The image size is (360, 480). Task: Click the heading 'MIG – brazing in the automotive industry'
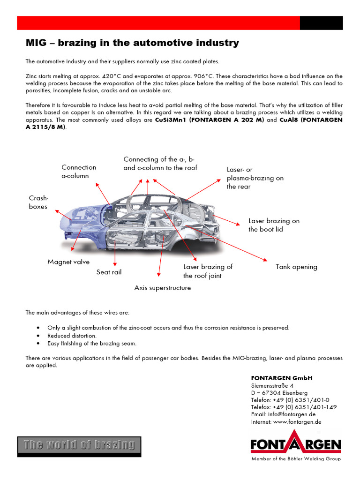point(132,43)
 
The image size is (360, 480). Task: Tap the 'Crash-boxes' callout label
point(38,202)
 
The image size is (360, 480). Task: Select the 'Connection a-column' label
point(79,172)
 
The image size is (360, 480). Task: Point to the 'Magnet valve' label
point(68,262)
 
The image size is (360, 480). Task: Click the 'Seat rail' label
point(109,272)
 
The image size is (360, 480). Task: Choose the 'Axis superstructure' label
point(163,288)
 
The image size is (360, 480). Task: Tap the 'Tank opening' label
point(296,267)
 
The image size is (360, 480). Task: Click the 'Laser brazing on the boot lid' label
point(274,225)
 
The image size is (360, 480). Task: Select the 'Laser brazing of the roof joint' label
point(208,271)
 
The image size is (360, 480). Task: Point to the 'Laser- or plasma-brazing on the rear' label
point(255,178)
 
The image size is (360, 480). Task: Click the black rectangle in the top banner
point(321,23)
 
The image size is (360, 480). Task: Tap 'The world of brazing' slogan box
point(79,445)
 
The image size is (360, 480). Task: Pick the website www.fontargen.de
point(297,422)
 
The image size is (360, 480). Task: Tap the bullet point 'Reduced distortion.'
point(72,336)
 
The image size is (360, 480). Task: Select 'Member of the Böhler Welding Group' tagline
point(296,459)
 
